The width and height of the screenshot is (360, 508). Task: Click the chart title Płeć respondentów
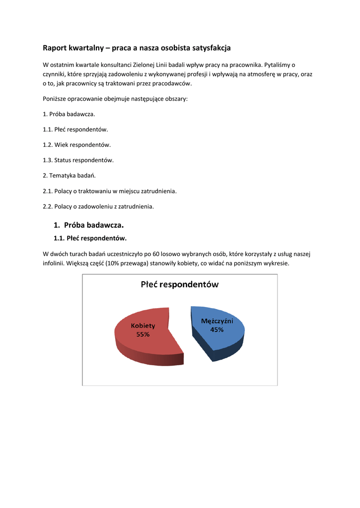coord(179,285)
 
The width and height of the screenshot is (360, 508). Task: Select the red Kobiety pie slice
coord(144,342)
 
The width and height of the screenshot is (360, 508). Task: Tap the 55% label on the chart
coord(143,334)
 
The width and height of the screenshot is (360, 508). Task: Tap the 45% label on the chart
coord(217,329)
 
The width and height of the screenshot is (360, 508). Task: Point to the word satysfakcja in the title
coord(210,48)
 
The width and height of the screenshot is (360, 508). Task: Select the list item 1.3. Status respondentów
coord(78,160)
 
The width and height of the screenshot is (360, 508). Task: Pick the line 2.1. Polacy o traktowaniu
coord(110,190)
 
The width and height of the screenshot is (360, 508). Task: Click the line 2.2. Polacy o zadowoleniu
coord(98,206)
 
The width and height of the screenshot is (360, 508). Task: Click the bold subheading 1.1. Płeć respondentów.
coord(90,238)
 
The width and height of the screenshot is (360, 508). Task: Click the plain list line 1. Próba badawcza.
coord(69,114)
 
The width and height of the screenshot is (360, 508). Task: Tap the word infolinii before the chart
coord(54,263)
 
